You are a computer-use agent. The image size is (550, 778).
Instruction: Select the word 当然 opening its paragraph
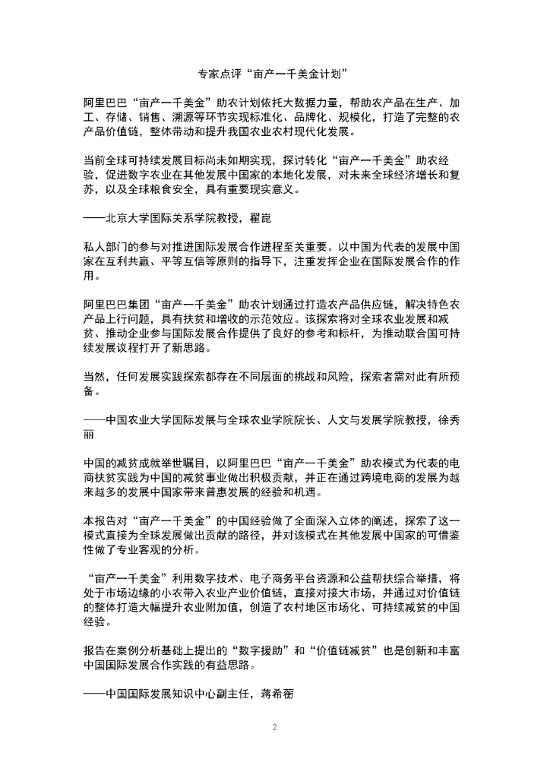click(x=96, y=376)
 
